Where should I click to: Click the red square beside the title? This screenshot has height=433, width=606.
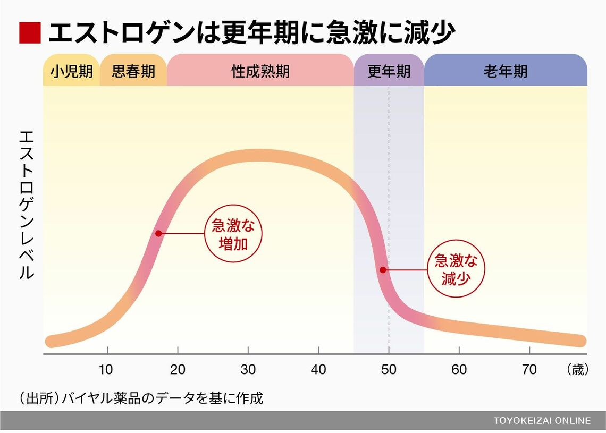coord(30,33)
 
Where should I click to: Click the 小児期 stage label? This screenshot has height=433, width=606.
coord(72,72)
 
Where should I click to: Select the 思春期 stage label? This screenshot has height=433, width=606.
coord(133,72)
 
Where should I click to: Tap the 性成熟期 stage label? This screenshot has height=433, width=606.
coord(260,72)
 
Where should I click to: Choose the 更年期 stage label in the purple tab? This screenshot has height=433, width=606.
coord(389,72)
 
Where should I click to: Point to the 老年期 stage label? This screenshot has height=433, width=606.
coord(506,72)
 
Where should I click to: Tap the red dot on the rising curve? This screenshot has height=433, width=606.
coord(158,233)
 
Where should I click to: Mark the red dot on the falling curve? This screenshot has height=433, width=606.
coord(383,270)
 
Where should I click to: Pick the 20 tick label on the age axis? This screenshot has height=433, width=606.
coord(178,370)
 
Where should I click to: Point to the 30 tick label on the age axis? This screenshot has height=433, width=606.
coord(248,370)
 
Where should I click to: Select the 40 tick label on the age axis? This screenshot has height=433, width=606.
coord(318,370)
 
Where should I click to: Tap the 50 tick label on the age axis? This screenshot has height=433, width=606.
coord(389,370)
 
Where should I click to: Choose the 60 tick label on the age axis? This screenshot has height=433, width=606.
coord(459,370)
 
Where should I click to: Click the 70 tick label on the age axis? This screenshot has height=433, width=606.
coord(529,370)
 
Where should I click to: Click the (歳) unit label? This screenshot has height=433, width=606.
coord(577,370)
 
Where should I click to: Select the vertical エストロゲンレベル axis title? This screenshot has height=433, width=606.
coord(27,205)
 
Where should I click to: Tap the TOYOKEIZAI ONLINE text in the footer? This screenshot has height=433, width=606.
coord(542,421)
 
